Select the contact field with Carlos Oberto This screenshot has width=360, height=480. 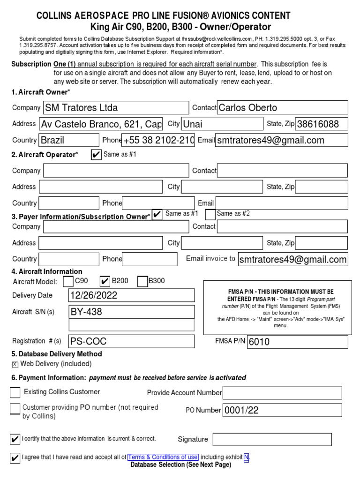[x=283, y=108]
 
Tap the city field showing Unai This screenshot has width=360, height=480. [x=222, y=124]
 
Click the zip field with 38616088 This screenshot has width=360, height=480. [x=322, y=124]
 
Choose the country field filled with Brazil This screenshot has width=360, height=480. [x=69, y=140]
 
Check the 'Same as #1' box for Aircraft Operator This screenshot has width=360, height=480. [x=96, y=155]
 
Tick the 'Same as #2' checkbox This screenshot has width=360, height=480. [x=210, y=214]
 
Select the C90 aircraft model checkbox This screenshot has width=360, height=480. [x=68, y=281]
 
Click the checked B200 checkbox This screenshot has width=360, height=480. [x=105, y=281]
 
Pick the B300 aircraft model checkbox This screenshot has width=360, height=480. [x=142, y=281]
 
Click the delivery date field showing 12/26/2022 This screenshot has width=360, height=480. [x=132, y=295]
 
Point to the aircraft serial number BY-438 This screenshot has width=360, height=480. [x=132, y=312]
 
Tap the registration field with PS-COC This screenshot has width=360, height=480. [x=132, y=341]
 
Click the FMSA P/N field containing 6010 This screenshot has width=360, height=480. [x=297, y=342]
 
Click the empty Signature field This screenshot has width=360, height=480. [x=272, y=439]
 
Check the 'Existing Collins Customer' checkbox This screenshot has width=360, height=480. [x=15, y=392]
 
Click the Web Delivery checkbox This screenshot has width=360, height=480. [x=15, y=364]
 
